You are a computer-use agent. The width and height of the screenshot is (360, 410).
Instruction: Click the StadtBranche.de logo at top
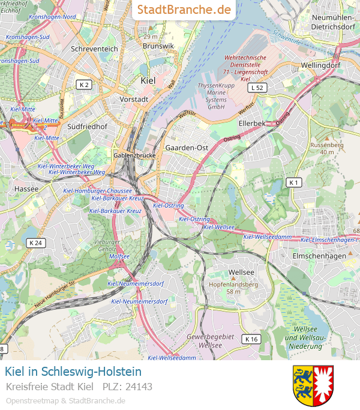pos(184,10)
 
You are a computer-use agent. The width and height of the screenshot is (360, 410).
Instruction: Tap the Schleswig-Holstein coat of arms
pos(313,385)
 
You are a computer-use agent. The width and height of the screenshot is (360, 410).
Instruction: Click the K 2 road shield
pos(83,85)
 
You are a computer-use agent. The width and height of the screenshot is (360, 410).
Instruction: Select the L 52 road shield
pos(257,88)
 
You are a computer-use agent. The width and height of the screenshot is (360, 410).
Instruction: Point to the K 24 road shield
pos(35,243)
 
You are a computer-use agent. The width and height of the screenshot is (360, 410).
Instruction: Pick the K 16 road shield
pos(251,339)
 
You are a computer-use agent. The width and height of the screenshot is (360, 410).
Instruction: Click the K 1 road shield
pos(293,182)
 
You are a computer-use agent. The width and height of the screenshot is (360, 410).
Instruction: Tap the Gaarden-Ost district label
pos(187,147)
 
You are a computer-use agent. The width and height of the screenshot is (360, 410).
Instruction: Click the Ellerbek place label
pos(251,123)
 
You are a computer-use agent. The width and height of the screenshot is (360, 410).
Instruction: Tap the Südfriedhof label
pos(87,127)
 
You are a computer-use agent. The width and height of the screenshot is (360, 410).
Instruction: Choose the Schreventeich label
pos(95,48)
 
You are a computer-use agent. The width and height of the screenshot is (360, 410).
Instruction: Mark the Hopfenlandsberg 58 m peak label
pos(233,288)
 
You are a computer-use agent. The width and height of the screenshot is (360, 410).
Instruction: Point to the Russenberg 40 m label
pos(326,148)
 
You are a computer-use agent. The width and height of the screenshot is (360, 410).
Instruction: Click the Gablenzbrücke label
pos(134,155)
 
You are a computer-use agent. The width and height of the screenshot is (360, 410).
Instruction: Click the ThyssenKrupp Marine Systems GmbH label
pos(211,96)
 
